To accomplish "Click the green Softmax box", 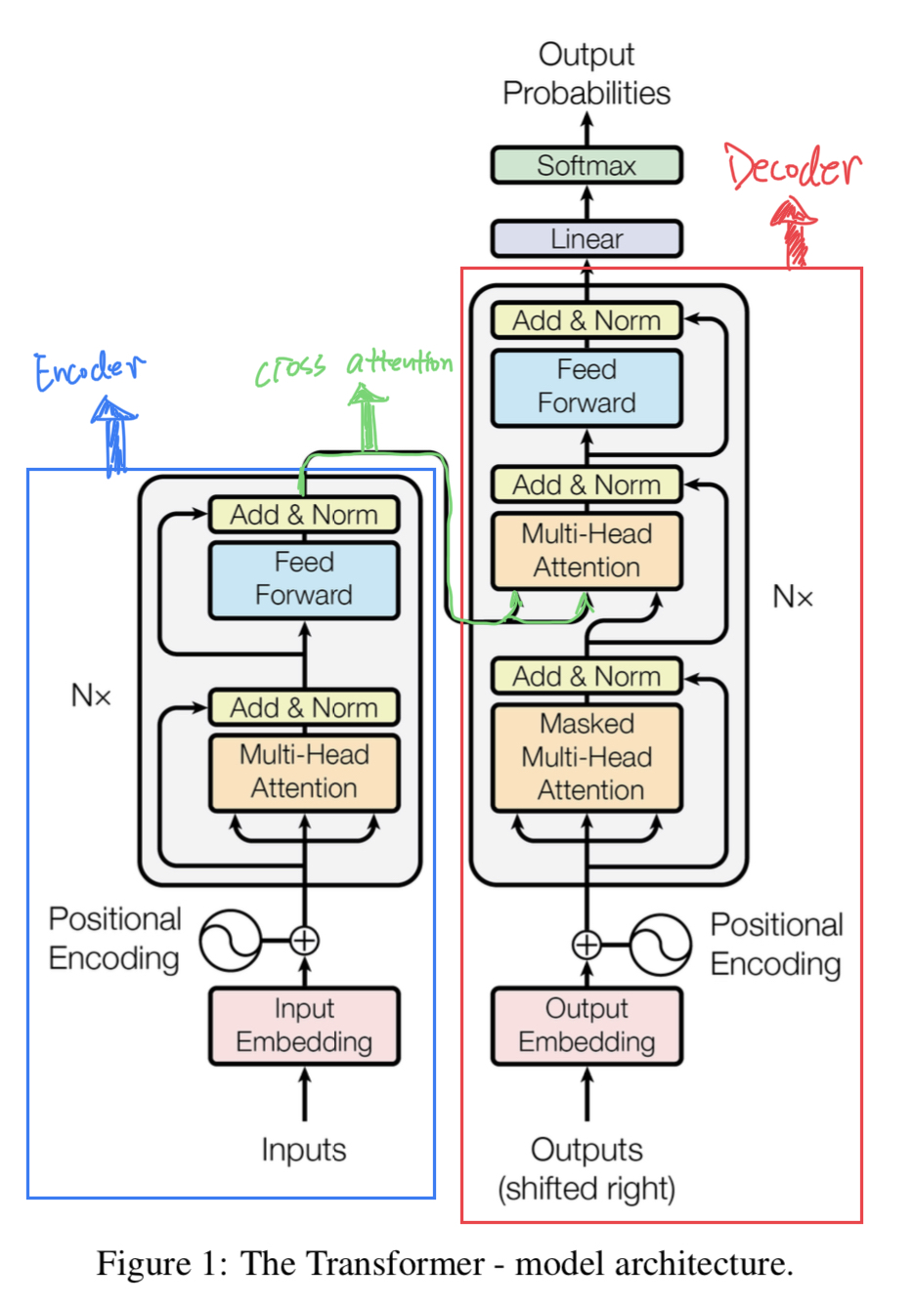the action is [586, 166].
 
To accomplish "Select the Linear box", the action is [586, 239].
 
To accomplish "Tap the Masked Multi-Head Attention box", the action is [586, 757].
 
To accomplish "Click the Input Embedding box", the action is [304, 1026].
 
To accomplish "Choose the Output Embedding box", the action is [586, 1026].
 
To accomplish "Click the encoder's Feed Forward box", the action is [304, 580].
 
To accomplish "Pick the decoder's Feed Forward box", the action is [586, 388].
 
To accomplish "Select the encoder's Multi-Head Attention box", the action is [304, 773].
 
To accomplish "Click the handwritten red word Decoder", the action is [792, 167].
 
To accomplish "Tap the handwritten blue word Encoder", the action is [89, 370].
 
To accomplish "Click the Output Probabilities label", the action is [586, 73].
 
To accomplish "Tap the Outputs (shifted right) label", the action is [586, 1169].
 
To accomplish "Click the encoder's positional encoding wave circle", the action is [231, 940].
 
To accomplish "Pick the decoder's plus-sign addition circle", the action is [586, 945].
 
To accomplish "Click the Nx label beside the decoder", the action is [793, 597].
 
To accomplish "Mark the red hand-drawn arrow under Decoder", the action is [794, 232].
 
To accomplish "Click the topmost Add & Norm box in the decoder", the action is [586, 320].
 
